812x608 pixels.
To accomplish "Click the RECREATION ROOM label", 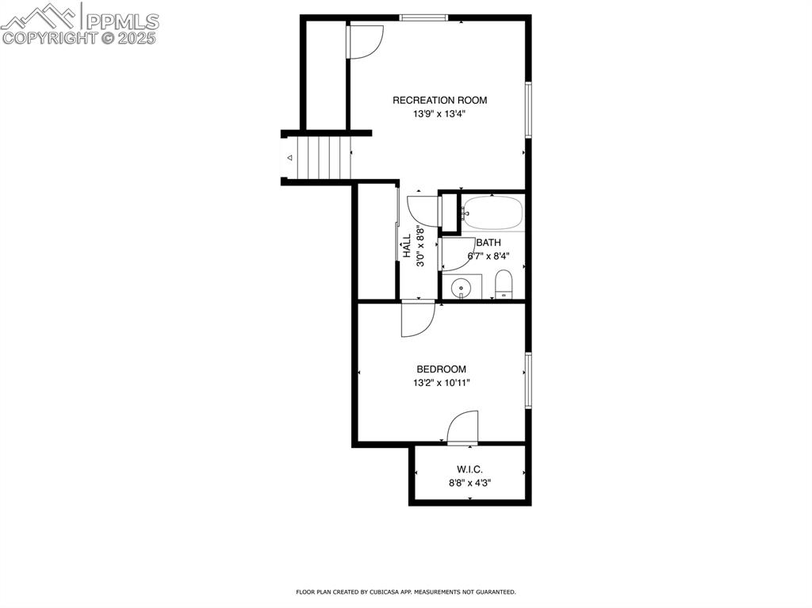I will pos(439,101).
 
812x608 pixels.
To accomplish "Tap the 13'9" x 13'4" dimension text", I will pos(439,114).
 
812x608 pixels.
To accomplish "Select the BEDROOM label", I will pos(441,369).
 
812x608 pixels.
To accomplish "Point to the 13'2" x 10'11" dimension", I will pos(441,383).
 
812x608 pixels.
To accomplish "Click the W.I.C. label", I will pos(469,470).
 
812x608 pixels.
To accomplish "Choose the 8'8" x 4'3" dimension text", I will pos(469,483).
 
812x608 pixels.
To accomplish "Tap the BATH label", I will pos(488,243).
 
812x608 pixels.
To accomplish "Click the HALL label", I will pos(407,246).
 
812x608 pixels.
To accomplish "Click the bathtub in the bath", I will pos(492,212).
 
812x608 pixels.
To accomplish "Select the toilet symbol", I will pos(504,284).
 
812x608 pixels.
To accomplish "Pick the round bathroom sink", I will pos(461,288).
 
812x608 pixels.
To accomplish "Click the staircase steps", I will pos(322,157).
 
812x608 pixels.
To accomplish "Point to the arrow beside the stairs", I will pos(289,158).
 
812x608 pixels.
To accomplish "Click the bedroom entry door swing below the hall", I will pos(417,319).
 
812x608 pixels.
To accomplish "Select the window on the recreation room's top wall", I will pos(423,17).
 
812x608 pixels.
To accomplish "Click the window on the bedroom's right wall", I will pos(527,380).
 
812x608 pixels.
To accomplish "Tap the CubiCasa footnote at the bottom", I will pos(405,592).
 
